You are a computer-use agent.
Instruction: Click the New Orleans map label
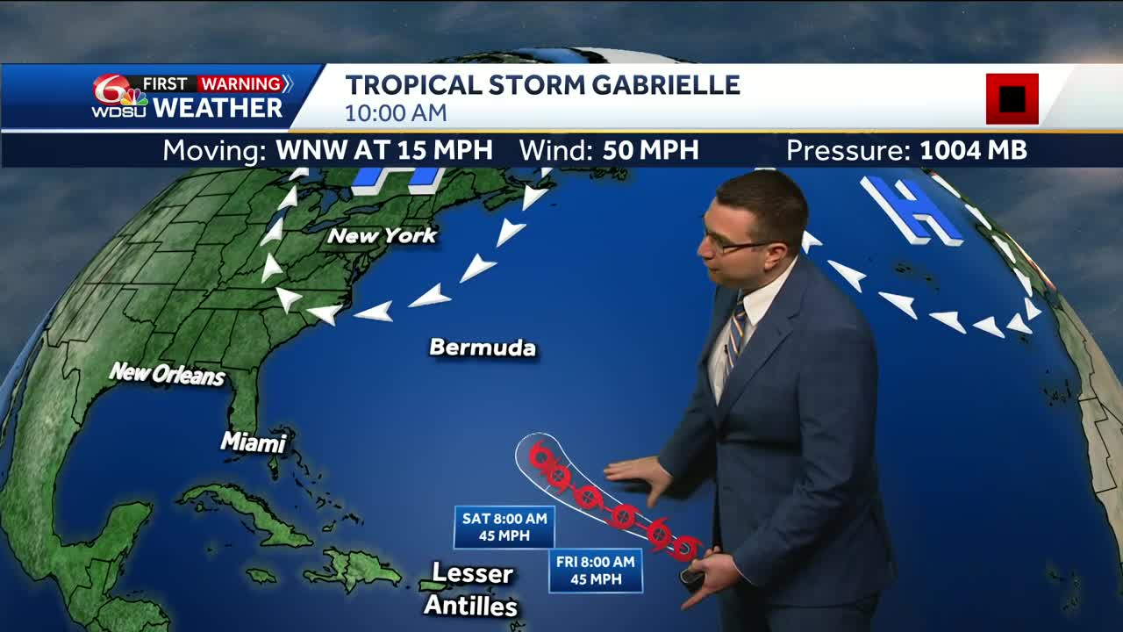pyautogui.click(x=167, y=375)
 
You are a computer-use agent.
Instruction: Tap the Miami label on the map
pyautogui.click(x=254, y=442)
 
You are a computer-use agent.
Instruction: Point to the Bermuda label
pyautogui.click(x=483, y=348)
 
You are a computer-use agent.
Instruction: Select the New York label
pyautogui.click(x=382, y=235)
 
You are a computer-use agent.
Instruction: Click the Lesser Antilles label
pyautogui.click(x=472, y=589)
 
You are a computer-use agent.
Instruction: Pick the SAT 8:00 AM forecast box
pyautogui.click(x=504, y=527)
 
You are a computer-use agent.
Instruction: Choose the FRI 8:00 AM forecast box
pyautogui.click(x=595, y=571)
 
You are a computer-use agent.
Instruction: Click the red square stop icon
pyautogui.click(x=1012, y=98)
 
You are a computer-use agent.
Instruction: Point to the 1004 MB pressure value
pyautogui.click(x=972, y=150)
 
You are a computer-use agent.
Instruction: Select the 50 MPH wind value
pyautogui.click(x=650, y=150)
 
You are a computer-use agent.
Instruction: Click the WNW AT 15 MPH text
pyautogui.click(x=383, y=150)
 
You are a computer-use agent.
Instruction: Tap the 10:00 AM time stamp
pyautogui.click(x=395, y=113)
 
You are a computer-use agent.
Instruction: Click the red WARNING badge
pyautogui.click(x=240, y=84)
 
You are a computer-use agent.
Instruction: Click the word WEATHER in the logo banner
pyautogui.click(x=217, y=108)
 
